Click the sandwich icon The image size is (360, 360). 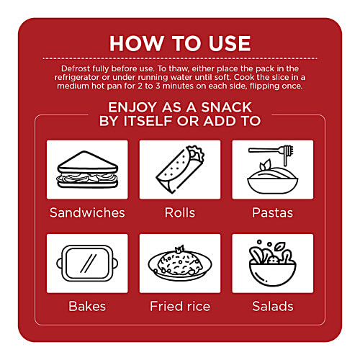coord(87,170)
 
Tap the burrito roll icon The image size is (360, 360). coord(180,169)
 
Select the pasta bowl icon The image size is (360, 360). coord(273,170)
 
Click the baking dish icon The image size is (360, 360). coord(87,264)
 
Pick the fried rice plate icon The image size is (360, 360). coord(180,264)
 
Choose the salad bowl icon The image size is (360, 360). coord(273,263)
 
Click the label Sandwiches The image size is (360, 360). coord(87,212)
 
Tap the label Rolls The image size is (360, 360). coord(180,212)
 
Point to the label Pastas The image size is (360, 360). coord(273,212)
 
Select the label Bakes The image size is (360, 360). coord(87,306)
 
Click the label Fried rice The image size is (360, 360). coord(180,306)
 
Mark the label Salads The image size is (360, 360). coord(273,306)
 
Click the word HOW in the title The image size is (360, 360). coord(137,43)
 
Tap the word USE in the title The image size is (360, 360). coord(230,43)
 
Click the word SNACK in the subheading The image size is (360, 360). coord(226,107)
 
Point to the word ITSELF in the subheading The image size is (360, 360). coord(148,121)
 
